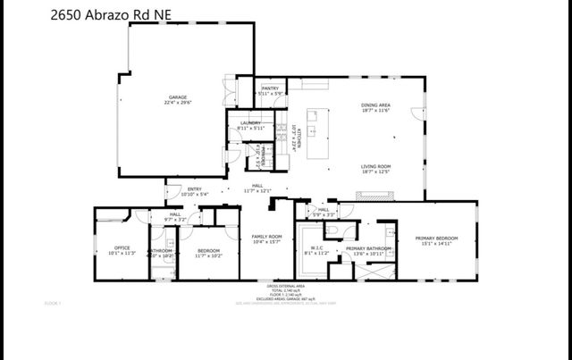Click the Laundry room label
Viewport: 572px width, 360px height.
[250, 126]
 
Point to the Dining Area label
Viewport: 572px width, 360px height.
[375, 108]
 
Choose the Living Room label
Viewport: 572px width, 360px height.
[375, 169]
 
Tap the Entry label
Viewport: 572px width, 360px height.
[195, 191]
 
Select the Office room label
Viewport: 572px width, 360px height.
[122, 250]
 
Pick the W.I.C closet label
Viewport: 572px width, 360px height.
[317, 250]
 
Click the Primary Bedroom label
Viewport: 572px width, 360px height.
[436, 240]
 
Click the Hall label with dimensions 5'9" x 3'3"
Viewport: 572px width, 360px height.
[323, 213]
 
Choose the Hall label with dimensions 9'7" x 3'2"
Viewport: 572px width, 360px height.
[175, 216]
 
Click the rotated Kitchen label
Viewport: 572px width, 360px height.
[297, 134]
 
